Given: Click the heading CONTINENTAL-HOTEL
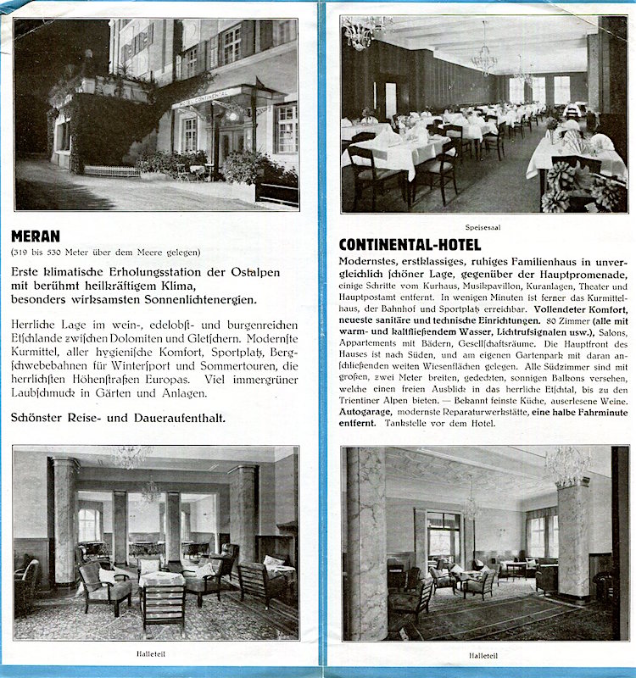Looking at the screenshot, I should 410,245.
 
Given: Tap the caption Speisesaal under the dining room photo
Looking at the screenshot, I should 483,227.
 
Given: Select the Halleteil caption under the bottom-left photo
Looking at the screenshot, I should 153,653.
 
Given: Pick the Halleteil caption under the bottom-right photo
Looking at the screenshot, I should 483,654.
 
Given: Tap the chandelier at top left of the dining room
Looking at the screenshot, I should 363,32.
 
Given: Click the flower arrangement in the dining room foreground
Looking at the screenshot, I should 585,186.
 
